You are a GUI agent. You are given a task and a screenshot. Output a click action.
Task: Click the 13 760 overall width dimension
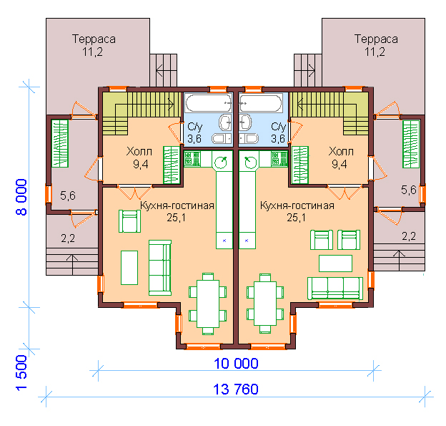pos(236,389)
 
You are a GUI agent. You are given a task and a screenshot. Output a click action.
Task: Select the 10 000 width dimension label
pos(236,364)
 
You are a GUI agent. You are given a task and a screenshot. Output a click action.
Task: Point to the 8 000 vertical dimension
pos(21,197)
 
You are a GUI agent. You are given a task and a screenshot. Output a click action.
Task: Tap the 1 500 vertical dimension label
pos(21,373)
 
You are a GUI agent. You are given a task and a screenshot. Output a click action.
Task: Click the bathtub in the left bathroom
pos(208,103)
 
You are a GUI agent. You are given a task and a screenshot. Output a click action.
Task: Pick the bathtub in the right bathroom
pos(261,103)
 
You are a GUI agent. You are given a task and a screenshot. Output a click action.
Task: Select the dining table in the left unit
pos(208,304)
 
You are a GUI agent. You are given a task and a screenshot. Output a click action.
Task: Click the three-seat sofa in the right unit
pos(335,288)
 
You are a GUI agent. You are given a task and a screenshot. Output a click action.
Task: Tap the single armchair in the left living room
pos(129,221)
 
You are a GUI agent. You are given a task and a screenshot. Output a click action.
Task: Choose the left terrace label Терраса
pos(94,39)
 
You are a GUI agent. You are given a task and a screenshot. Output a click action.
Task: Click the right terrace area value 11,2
pos(375,52)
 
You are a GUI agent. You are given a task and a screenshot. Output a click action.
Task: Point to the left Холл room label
pos(139,151)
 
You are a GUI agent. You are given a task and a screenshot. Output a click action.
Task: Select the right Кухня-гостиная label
pos(297,205)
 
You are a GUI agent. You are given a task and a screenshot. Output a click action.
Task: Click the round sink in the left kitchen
pos(220,163)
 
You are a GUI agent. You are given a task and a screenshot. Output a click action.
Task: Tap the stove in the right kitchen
pos(279,159)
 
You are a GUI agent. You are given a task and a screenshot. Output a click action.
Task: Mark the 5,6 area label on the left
pos(68,195)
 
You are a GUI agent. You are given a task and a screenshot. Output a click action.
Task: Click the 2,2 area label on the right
pos(409,236)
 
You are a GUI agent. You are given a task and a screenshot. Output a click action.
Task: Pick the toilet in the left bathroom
pos(222,138)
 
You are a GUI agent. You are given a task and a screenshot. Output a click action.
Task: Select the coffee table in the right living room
pos(335,263)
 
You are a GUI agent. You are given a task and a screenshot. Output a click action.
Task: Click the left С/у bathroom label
pos(195,127)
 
